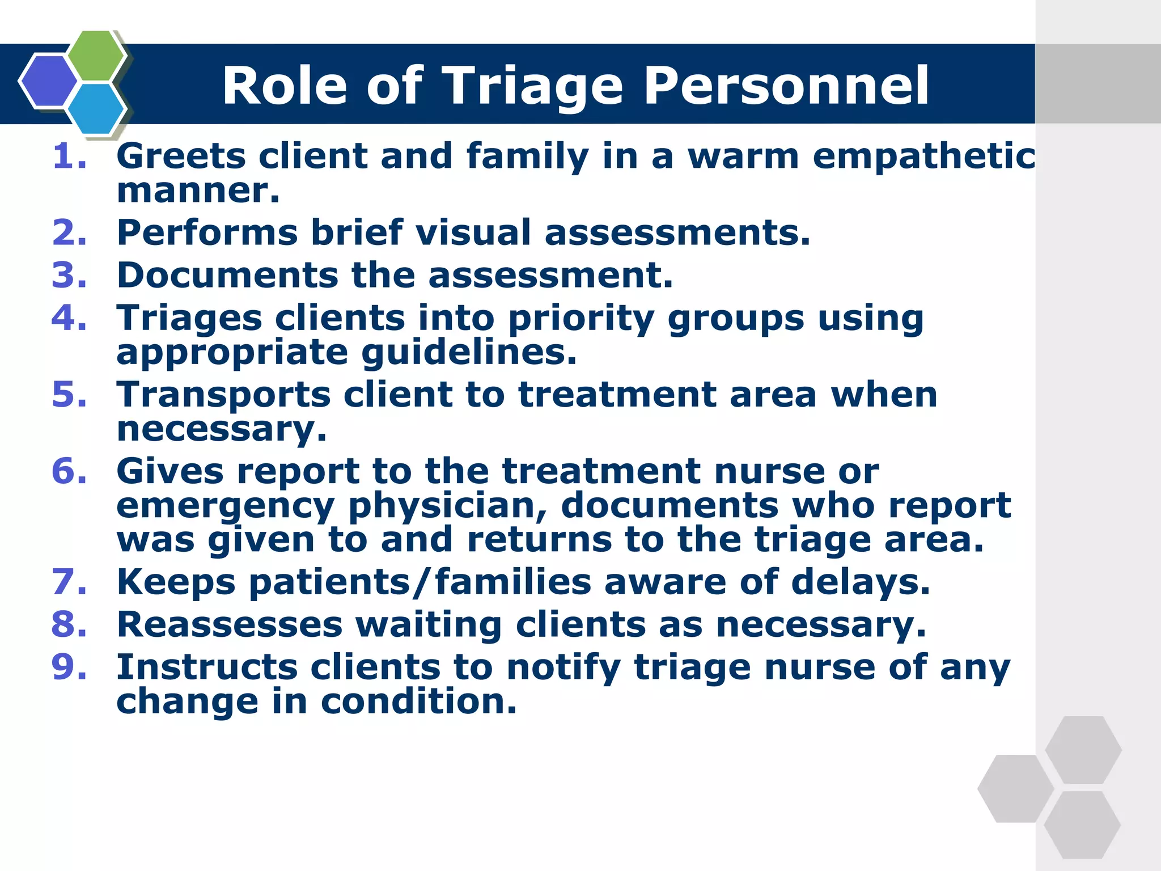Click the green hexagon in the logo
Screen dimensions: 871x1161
(x=96, y=56)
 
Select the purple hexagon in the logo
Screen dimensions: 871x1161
(x=49, y=81)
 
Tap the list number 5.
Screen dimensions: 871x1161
(x=69, y=395)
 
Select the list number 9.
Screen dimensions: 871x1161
(x=69, y=667)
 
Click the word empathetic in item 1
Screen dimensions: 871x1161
(x=924, y=157)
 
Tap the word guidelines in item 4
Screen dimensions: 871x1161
(x=468, y=353)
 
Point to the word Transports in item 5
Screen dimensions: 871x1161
(x=223, y=395)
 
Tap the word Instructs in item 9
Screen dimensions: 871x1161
(x=207, y=667)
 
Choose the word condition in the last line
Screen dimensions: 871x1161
(x=418, y=701)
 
